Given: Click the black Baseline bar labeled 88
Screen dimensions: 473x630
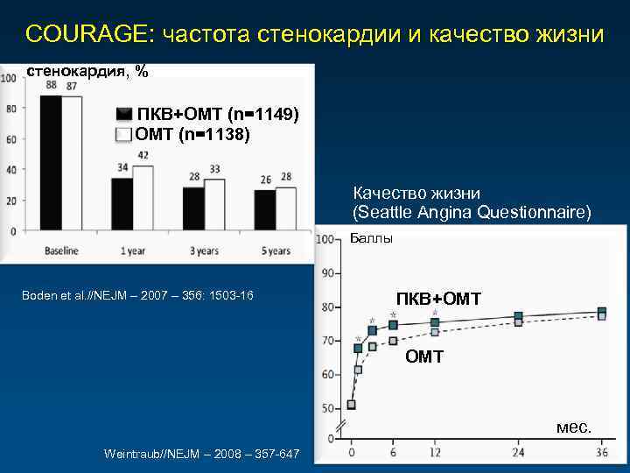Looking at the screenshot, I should [51, 162].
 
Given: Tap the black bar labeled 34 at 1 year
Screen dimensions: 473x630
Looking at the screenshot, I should [122, 204].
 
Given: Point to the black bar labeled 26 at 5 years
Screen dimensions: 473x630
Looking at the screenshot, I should [264, 210].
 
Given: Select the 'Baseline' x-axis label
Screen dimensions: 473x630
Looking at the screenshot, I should [61, 251].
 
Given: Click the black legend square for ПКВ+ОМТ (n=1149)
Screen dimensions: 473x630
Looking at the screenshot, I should [124, 116].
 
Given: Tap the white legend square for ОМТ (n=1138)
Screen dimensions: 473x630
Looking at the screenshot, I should [124, 134].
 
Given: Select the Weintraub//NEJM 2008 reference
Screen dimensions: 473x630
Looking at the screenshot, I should [201, 453].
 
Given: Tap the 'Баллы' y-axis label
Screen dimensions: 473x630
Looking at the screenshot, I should [371, 238].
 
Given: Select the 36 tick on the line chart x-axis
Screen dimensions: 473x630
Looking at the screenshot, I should [601, 452].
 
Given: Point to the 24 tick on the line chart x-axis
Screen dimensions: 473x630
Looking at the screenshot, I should [518, 452].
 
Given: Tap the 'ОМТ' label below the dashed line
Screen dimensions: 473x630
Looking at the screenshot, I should [423, 357].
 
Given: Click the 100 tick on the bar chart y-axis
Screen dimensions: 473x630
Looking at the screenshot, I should [8, 78].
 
